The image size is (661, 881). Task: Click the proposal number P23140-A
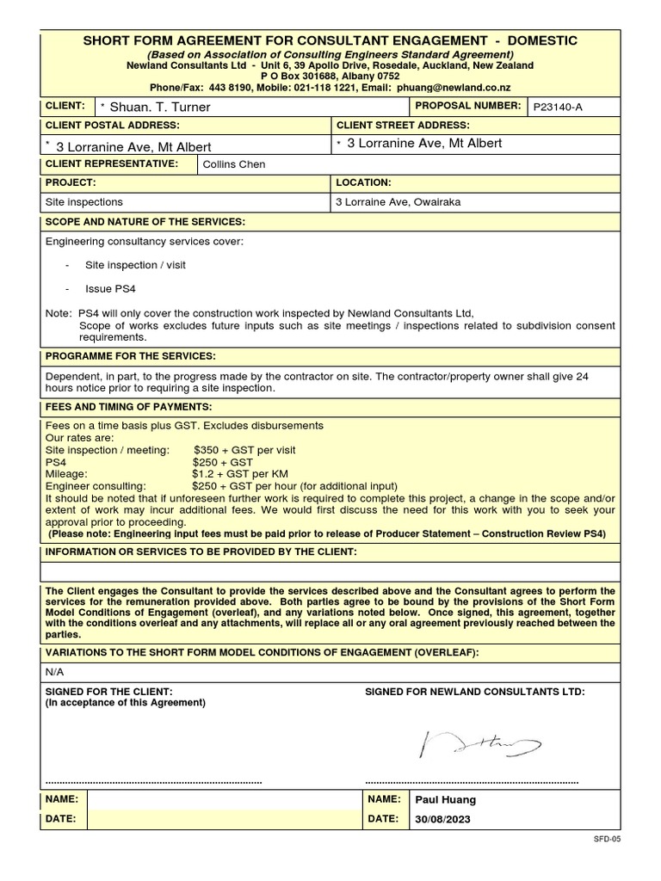559,108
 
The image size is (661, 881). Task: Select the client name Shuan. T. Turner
160,108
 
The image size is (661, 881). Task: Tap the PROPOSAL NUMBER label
468,106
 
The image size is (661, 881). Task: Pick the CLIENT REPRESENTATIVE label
112,163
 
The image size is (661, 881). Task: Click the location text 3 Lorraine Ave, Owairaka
398,202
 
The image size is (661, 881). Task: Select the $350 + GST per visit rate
244,450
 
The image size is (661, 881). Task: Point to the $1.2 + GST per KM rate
239,474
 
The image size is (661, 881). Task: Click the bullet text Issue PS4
110,289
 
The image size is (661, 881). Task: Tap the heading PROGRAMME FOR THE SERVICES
131,356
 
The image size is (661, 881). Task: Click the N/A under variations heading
54,672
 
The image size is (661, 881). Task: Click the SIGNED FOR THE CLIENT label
108,692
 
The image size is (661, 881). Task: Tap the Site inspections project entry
83,202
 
